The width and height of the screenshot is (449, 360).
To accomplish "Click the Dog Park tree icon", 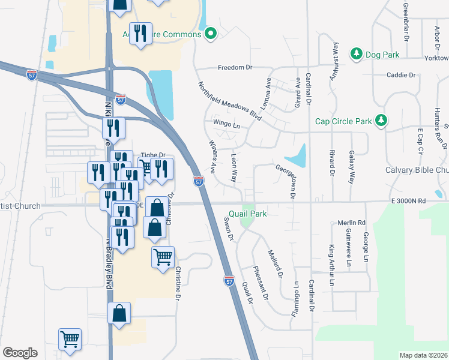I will (x=357, y=55).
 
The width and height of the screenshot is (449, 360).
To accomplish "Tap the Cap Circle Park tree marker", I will (x=381, y=121).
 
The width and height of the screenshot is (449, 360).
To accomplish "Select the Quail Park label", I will (x=248, y=214).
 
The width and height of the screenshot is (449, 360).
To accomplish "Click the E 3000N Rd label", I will (x=408, y=202).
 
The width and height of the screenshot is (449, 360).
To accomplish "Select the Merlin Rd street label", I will (x=352, y=223).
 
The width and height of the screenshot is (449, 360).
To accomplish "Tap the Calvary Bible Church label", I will (x=417, y=170).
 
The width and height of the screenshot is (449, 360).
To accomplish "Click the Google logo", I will (x=20, y=353).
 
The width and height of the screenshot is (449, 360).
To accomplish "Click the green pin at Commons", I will (x=210, y=34).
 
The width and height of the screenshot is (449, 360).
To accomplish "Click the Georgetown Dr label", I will (x=285, y=181).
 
